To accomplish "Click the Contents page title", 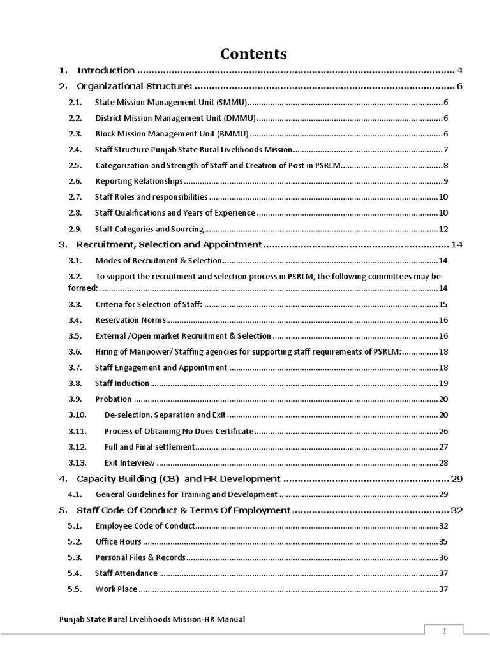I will click(x=254, y=54).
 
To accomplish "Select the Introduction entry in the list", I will click(x=106, y=70).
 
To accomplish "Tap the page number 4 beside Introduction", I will click(x=459, y=70).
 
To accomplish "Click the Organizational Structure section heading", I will click(x=134, y=86).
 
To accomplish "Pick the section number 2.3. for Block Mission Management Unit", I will click(x=75, y=134).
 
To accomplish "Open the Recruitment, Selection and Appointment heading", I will click(x=169, y=244).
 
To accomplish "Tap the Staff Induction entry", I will click(x=122, y=383).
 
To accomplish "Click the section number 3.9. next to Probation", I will click(x=75, y=399).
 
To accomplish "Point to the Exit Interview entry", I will click(x=130, y=462).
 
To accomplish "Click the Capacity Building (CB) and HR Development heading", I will click(x=178, y=478).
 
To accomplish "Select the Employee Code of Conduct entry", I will click(x=144, y=526).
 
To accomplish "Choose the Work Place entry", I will click(x=116, y=589).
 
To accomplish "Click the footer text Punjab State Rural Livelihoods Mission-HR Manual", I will click(x=152, y=619).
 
